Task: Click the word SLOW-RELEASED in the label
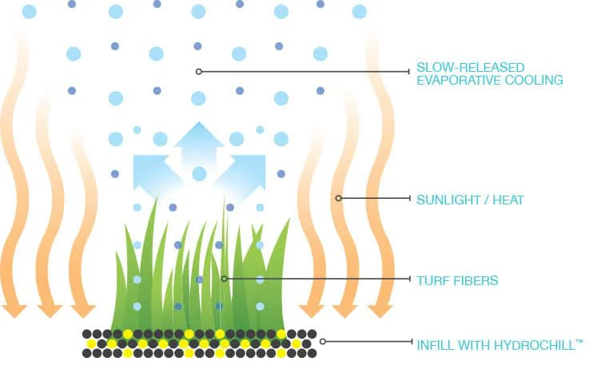(x=471, y=67)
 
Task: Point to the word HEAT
(x=508, y=200)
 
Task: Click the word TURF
(x=433, y=280)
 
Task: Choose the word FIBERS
(x=476, y=280)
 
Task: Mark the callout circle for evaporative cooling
(x=199, y=71)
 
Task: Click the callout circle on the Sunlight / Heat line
(x=338, y=198)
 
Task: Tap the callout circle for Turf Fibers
(x=224, y=279)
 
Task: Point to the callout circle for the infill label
(x=323, y=342)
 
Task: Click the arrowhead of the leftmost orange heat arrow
(x=14, y=310)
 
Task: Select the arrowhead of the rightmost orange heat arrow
(x=380, y=310)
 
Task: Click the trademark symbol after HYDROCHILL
(x=579, y=341)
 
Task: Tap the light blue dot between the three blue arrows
(x=200, y=174)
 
